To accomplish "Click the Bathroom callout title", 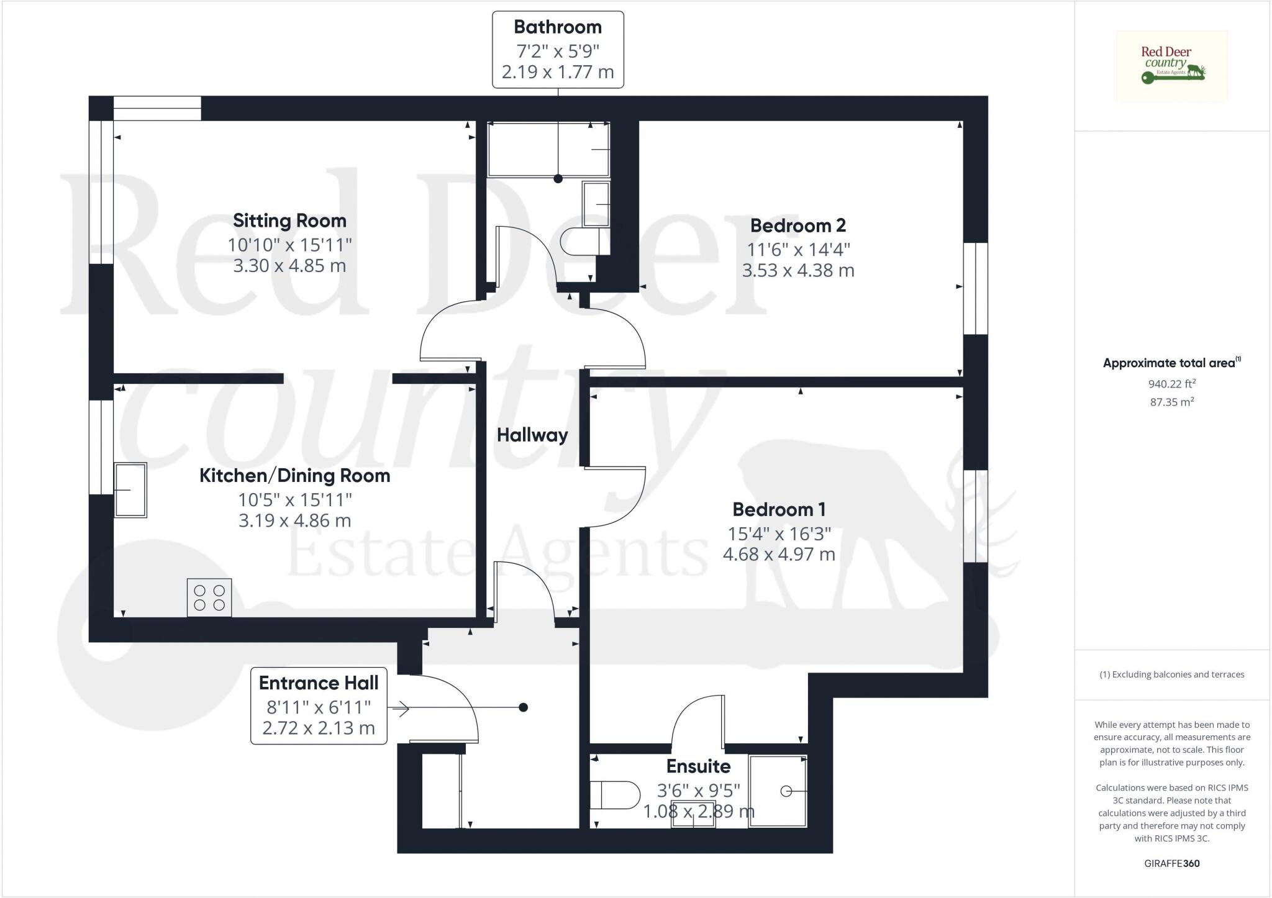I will click(558, 27).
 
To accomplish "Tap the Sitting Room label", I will click(289, 220).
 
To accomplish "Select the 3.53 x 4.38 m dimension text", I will click(798, 270).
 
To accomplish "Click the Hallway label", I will click(532, 435).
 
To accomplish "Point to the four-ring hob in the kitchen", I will click(209, 597).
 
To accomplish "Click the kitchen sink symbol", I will click(130, 490).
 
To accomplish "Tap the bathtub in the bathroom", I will click(548, 150).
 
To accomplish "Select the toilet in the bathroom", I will click(584, 241).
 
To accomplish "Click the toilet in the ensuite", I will click(616, 795).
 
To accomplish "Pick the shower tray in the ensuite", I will click(778, 791).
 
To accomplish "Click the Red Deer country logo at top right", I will click(1172, 66).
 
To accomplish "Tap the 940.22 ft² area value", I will click(1172, 384).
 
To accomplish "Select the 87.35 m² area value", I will click(1172, 402).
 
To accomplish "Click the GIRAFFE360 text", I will click(1172, 863).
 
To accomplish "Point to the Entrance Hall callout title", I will click(319, 683).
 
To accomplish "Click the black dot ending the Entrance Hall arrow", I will click(524, 707).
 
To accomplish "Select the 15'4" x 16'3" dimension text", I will click(779, 533).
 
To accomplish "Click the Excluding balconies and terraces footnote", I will click(1172, 674).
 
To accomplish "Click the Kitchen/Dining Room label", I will click(295, 476).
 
